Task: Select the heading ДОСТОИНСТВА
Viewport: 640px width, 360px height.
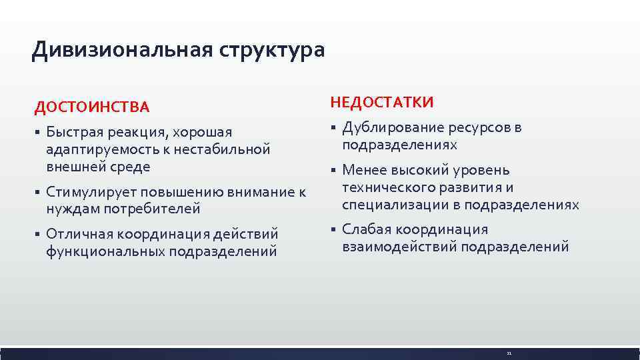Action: [92, 107]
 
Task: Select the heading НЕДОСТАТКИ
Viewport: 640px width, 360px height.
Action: [381, 102]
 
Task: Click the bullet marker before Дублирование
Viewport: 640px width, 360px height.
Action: [333, 128]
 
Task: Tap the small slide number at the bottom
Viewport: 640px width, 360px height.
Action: [509, 353]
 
